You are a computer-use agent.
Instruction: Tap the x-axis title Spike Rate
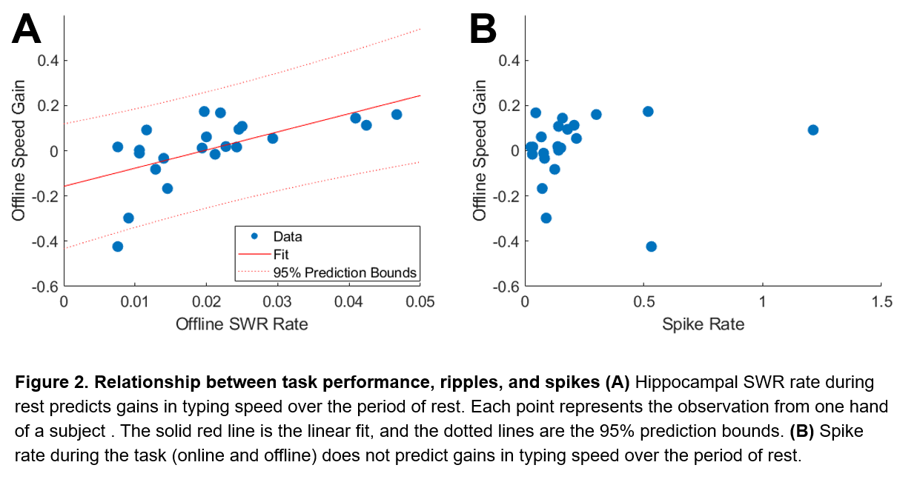(702, 324)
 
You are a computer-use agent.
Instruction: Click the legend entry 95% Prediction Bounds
(345, 272)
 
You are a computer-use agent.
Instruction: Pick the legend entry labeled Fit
(282, 255)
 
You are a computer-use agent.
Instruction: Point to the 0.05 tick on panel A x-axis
(420, 302)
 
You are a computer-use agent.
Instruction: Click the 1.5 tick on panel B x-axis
(880, 302)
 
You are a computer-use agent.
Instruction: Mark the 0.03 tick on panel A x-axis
(277, 302)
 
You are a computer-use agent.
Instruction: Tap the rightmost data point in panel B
(812, 130)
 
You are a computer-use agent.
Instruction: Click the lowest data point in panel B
(651, 247)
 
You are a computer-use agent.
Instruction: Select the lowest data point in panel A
(117, 247)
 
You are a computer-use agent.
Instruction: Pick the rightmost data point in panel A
(397, 115)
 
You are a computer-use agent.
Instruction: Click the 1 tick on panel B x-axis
(762, 302)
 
